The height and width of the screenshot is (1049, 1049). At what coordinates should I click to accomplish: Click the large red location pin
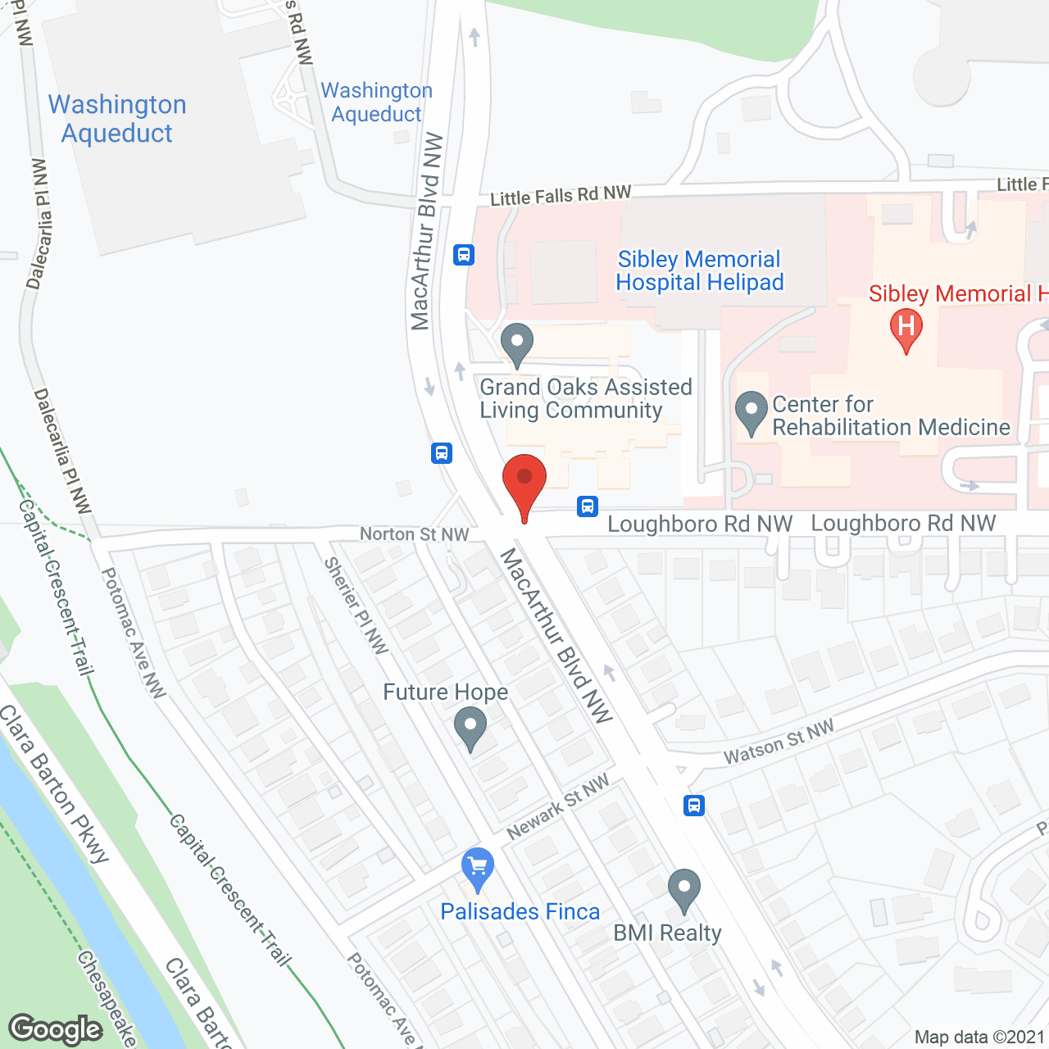524,484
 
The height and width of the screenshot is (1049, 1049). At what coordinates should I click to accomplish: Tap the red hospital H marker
906,329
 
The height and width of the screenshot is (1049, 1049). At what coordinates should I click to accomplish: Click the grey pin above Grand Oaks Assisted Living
516,343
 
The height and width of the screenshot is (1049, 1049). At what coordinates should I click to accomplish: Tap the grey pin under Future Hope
470,727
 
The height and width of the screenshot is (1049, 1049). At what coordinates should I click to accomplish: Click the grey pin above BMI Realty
683,889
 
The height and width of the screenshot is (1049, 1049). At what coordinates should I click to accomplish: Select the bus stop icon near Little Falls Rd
464,255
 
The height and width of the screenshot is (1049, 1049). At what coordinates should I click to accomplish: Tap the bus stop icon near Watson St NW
694,805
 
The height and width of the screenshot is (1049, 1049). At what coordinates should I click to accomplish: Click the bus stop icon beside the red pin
587,506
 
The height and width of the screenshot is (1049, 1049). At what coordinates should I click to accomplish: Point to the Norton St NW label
414,534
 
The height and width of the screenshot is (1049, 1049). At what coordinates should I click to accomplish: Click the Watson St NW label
779,742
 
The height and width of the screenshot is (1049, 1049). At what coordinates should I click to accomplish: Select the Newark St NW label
558,807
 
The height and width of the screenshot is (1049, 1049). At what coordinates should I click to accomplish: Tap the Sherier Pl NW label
356,605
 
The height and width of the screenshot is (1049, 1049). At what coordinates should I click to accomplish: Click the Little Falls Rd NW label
561,196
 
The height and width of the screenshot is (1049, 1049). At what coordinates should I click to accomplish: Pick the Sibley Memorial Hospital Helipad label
699,271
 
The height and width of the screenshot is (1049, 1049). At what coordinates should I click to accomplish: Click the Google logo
56,1029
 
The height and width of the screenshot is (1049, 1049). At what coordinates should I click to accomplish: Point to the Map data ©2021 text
979,1038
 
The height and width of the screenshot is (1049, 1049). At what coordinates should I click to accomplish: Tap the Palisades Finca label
520,911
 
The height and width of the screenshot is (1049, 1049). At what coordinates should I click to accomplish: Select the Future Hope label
445,693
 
